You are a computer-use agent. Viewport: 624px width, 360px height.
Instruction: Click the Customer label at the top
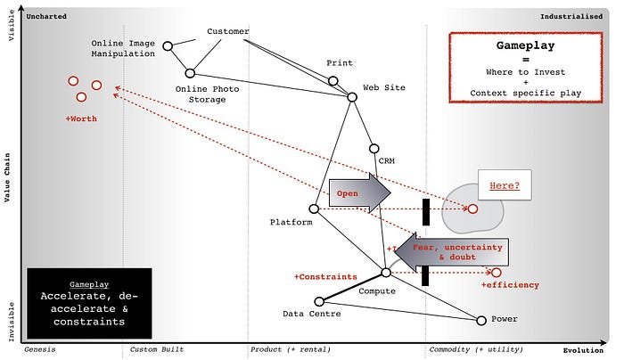click(227, 32)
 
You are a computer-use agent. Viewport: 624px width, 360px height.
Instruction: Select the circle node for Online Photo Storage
click(190, 73)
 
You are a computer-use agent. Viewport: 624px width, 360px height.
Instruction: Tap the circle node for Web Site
click(351, 96)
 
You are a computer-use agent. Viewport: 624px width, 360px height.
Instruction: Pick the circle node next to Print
click(333, 81)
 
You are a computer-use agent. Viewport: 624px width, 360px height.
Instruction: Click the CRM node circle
click(374, 149)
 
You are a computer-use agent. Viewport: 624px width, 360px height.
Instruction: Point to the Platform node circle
click(314, 209)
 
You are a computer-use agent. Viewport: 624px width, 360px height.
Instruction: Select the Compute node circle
click(386, 273)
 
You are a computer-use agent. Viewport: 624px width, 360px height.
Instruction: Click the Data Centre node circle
click(319, 301)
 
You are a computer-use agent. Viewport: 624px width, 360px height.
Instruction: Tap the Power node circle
click(481, 320)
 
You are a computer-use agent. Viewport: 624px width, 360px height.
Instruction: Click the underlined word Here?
click(505, 187)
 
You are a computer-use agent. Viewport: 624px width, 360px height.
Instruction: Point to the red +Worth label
click(81, 119)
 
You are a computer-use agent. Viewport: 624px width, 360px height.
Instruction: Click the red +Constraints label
click(325, 277)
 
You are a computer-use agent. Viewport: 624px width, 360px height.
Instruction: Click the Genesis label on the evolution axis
click(39, 350)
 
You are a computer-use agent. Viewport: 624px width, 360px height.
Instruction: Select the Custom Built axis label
click(157, 350)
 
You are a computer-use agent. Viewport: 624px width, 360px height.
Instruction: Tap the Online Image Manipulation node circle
click(167, 44)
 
